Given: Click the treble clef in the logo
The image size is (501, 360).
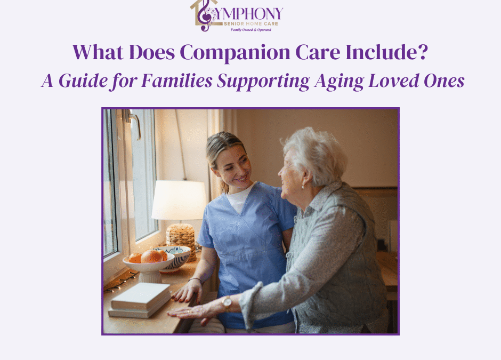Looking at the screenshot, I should [204, 15].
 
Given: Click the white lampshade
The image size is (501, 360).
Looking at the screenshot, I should [179, 200].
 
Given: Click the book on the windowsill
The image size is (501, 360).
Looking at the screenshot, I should [140, 300].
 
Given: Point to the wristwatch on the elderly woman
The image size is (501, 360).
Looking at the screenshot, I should [227, 303].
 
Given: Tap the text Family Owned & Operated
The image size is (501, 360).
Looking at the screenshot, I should [250, 30].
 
